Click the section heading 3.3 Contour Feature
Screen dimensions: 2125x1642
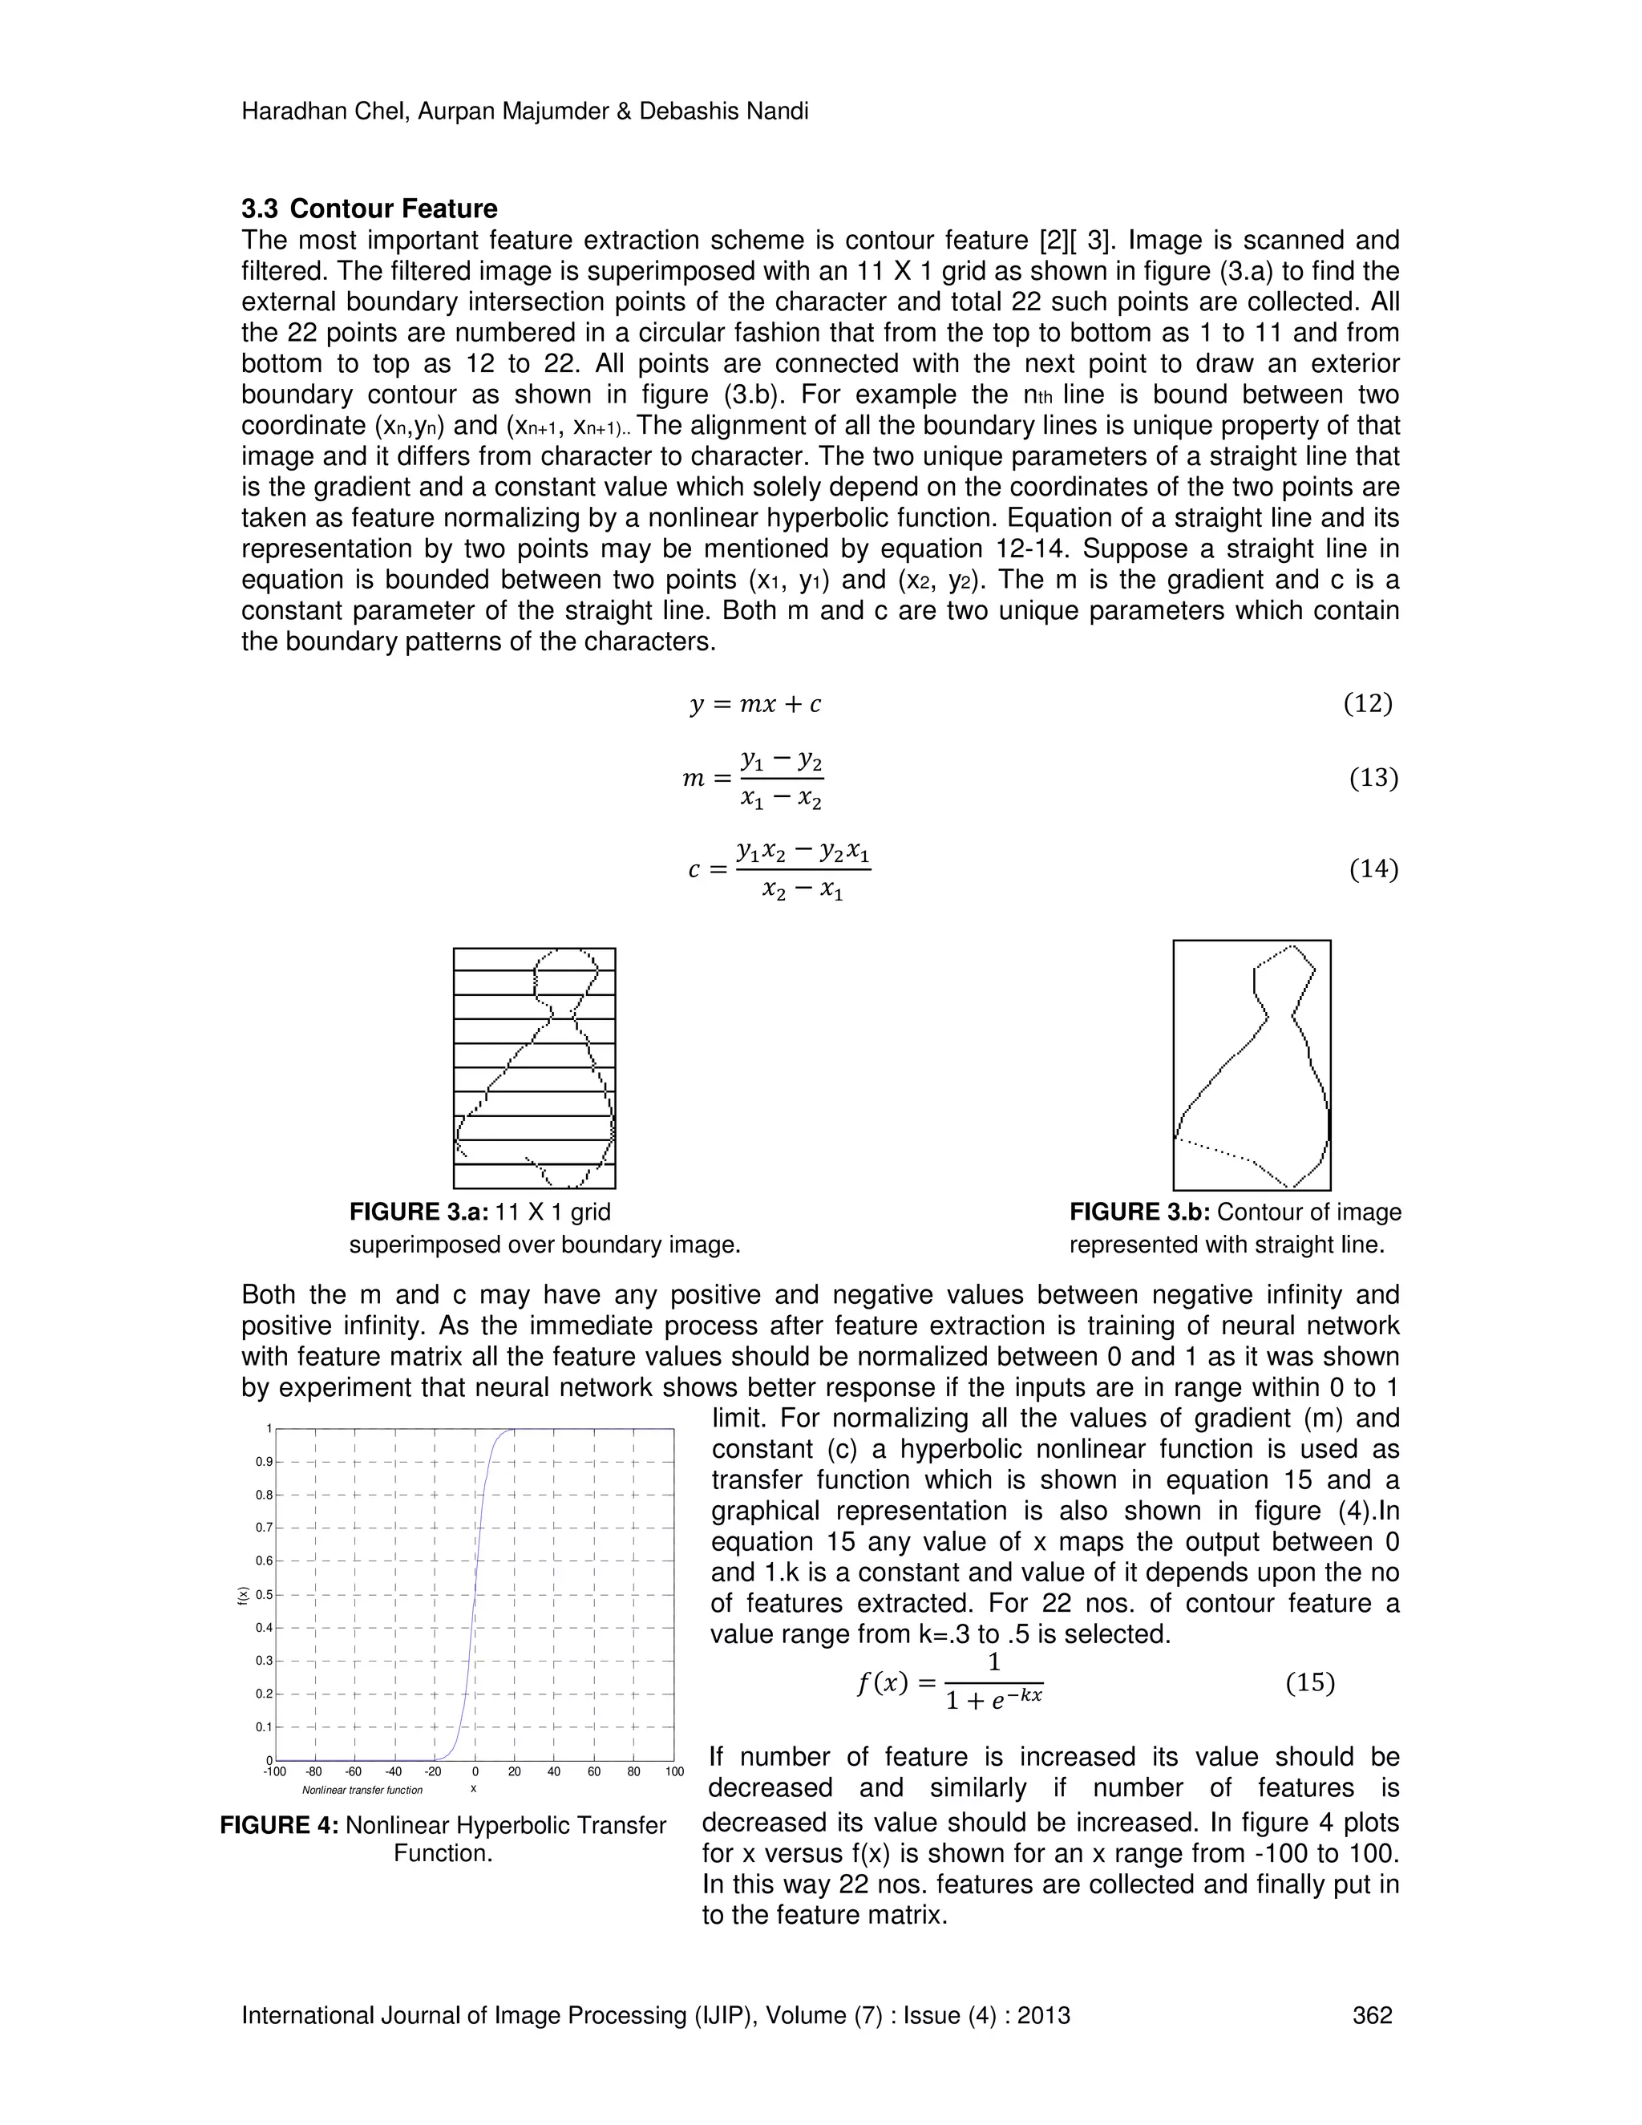point(369,209)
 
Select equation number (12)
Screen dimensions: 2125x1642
point(1368,703)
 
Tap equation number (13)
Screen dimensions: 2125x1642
point(1373,779)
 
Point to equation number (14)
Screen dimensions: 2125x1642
point(1373,869)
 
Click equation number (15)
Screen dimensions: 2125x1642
point(1309,1682)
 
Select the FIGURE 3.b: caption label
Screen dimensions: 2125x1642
point(1139,1212)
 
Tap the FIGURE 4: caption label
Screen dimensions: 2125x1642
point(279,1825)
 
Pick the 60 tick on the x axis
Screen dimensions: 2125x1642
point(594,1772)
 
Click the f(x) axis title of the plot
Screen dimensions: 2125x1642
point(243,1595)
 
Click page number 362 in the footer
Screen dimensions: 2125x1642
point(1373,2015)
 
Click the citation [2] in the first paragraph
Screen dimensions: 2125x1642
point(1043,241)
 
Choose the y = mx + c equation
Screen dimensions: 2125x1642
point(754,704)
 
